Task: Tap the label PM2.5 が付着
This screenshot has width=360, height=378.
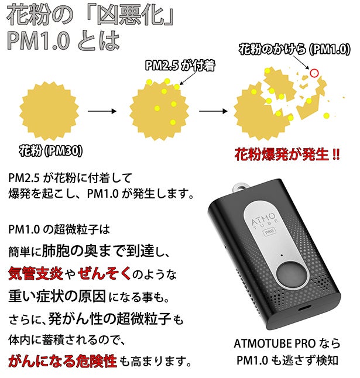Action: (x=180, y=66)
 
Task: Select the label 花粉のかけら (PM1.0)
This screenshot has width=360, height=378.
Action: (x=294, y=49)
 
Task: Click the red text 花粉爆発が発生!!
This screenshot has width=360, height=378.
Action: (x=287, y=154)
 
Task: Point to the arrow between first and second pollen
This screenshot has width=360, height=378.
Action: (x=102, y=111)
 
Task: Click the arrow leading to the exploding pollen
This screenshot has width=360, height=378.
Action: (x=213, y=111)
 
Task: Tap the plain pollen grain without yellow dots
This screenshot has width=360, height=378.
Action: (x=49, y=111)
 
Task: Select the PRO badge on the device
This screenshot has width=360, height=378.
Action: (x=269, y=232)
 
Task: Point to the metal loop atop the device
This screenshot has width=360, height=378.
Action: (x=241, y=186)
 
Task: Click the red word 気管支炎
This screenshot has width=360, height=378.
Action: (x=36, y=274)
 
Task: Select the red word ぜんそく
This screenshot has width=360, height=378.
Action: (x=104, y=274)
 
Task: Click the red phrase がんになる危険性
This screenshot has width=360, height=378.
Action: (x=63, y=361)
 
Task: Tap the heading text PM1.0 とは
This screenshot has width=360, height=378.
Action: (x=63, y=40)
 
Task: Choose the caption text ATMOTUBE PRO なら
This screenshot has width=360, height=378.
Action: (x=287, y=343)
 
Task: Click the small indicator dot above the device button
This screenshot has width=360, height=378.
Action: (x=282, y=255)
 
